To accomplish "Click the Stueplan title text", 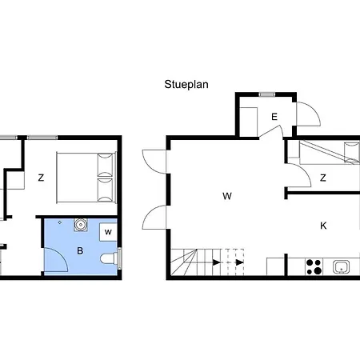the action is pos(186,85).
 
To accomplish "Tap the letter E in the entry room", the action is pos(274,117).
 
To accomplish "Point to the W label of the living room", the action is pos(227,196).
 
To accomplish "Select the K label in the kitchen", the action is pos(323,226).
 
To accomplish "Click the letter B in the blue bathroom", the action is pos(80,250).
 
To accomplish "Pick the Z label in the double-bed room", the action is pos(41,178).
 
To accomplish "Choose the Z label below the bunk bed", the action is pos(323,178).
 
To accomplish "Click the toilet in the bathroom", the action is pos(109,258).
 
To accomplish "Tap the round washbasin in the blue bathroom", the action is pos(80,225).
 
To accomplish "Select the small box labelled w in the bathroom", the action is pos(108,232).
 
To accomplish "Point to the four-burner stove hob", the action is pos(314,266).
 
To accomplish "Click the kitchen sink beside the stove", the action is pos(341,267).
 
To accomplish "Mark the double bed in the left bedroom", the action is pos(86,178).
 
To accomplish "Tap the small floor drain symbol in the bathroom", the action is pos(60,222).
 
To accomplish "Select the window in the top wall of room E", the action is pos(267,94).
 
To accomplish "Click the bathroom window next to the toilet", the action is pos(119,258).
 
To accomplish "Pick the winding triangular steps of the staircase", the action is pos(184,262).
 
